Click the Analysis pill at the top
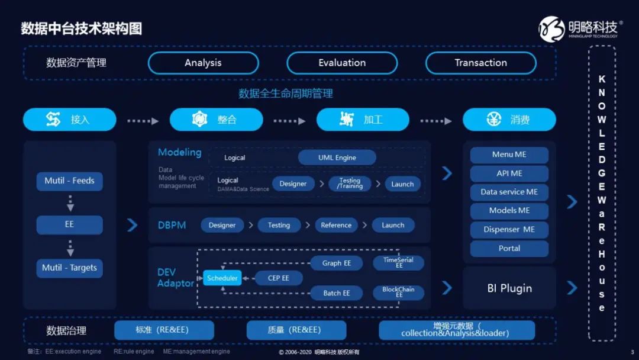tap(203, 63)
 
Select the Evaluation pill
tap(342, 63)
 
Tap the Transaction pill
tap(481, 63)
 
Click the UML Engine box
tap(337, 157)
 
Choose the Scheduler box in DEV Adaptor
tap(222, 278)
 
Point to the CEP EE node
tap(278, 278)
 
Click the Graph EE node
tap(337, 263)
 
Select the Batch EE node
tap(337, 292)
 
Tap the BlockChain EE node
tap(398, 292)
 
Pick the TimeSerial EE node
tap(398, 262)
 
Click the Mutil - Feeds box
tap(70, 181)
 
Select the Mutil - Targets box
tap(70, 268)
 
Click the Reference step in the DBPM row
tap(336, 225)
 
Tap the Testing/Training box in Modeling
tap(350, 184)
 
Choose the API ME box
tap(509, 173)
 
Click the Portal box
tap(509, 248)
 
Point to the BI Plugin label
tap(509, 288)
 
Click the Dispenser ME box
tap(509, 230)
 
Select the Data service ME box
tap(509, 192)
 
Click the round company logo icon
tap(552, 29)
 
